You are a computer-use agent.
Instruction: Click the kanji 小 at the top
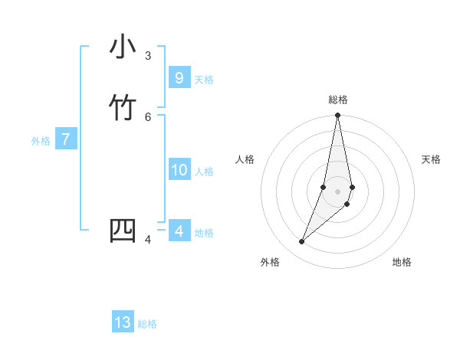tap(123, 47)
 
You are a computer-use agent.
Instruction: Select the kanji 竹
tap(123, 108)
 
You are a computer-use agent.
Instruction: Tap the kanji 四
tap(123, 231)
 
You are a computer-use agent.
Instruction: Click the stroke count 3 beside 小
tap(148, 56)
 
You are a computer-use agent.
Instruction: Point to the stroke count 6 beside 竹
tap(148, 116)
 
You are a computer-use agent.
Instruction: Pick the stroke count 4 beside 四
tap(148, 240)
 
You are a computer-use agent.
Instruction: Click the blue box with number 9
tap(179, 77)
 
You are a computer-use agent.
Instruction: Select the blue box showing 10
tap(179, 170)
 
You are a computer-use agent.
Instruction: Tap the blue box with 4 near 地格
tap(179, 231)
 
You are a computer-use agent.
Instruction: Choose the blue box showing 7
tap(66, 139)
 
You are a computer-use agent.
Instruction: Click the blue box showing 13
tap(123, 322)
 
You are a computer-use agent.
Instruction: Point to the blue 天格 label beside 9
tap(204, 80)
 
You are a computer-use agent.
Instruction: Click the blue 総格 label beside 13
tap(147, 324)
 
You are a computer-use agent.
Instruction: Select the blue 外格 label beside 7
tap(41, 141)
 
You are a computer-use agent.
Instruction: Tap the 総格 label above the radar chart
tap(338, 100)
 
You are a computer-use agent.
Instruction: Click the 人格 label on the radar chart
tap(245, 159)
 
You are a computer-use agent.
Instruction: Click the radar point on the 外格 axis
tap(301, 242)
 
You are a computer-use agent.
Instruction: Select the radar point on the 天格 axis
tap(352, 187)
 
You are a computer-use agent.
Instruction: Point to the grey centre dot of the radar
tap(338, 191)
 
